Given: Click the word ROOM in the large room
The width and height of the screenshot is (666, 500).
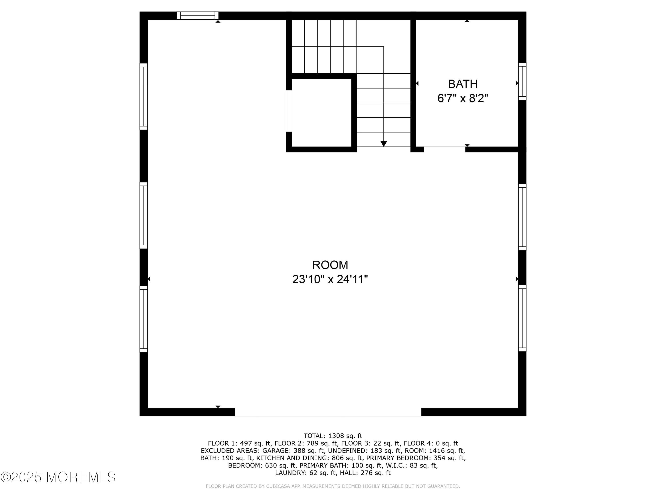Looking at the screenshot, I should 330,265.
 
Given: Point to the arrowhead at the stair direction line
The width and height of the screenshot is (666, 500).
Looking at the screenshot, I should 384,144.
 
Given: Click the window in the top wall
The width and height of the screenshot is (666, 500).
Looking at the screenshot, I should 198,16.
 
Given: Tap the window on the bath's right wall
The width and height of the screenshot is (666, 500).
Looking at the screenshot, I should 522,81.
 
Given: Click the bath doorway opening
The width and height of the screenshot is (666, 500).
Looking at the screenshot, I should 444,149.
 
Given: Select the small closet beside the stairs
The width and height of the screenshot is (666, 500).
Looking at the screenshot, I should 321,113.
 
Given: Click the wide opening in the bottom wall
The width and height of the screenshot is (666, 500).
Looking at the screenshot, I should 328,412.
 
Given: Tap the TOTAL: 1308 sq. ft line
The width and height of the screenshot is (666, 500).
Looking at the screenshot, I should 333,436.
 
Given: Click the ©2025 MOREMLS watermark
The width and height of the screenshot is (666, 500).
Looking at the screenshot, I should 58,477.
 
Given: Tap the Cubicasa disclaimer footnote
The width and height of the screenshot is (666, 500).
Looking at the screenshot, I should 333,486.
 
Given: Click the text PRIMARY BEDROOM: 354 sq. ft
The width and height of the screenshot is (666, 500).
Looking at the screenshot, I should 416,458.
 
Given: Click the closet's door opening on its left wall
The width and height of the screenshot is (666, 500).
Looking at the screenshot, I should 289,111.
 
